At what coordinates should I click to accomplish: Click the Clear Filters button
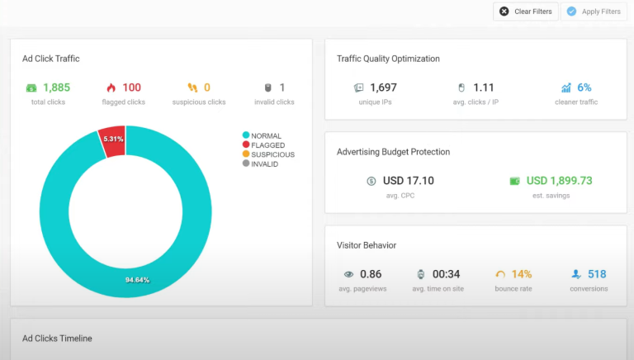(x=525, y=12)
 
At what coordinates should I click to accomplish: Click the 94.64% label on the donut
(x=137, y=280)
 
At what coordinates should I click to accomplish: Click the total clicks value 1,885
(x=57, y=88)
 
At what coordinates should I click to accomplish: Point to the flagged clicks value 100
(x=131, y=88)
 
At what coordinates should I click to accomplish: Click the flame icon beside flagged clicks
(x=111, y=88)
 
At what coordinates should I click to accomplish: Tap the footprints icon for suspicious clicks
(x=192, y=88)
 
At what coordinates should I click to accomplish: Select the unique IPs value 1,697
(x=383, y=88)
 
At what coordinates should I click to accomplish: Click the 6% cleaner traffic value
(x=584, y=88)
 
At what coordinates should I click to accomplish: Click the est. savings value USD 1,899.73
(x=559, y=181)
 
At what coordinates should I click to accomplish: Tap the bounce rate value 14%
(x=522, y=274)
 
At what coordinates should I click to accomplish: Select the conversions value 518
(x=597, y=274)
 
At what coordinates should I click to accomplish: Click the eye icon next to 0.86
(x=348, y=274)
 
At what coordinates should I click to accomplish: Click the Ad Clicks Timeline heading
(x=57, y=339)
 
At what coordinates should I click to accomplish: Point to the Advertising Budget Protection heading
(x=393, y=152)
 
